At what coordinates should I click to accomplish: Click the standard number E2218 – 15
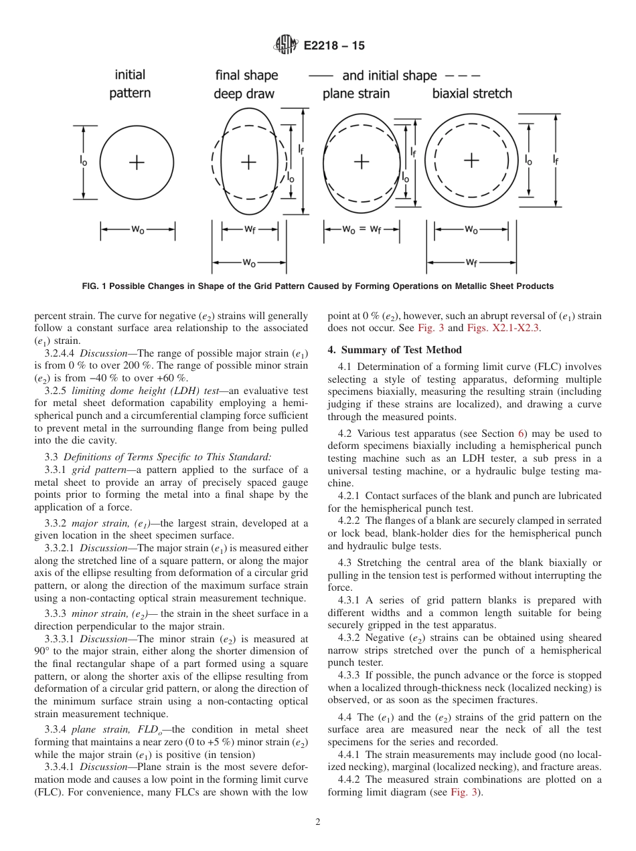tap(334, 46)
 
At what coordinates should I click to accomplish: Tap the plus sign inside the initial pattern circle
tap(137, 162)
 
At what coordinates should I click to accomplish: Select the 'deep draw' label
tap(244, 94)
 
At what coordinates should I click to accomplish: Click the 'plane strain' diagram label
tap(355, 94)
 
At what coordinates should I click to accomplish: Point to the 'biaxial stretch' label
tap(471, 94)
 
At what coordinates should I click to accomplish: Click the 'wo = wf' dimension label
tap(362, 229)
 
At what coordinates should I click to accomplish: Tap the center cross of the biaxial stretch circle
tap(472, 160)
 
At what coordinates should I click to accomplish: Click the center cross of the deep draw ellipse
tap(249, 161)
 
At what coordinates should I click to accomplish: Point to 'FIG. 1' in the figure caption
tap(94, 286)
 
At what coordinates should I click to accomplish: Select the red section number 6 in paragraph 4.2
tap(518, 434)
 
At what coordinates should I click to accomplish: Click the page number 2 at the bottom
tap(318, 822)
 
